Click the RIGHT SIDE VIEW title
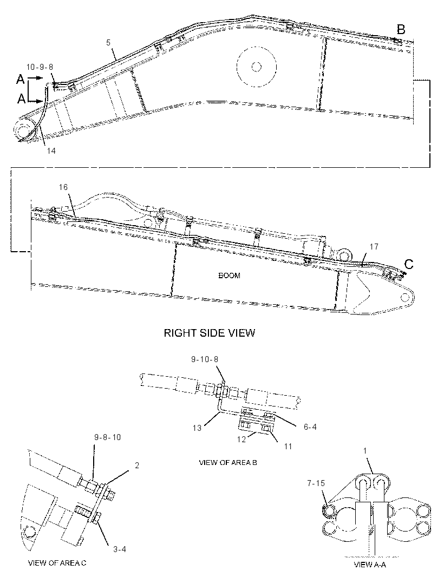(x=209, y=333)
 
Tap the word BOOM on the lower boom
(x=229, y=276)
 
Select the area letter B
(x=401, y=29)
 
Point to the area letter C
(x=409, y=264)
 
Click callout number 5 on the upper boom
(x=108, y=43)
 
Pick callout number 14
(x=51, y=150)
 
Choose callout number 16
(x=63, y=187)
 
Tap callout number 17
(x=374, y=246)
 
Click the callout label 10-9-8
(x=40, y=67)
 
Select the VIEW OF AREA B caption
(x=228, y=463)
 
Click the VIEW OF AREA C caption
(x=57, y=562)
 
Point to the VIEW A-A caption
(x=369, y=565)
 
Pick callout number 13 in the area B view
(x=197, y=428)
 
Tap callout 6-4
(x=310, y=427)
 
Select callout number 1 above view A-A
(x=365, y=450)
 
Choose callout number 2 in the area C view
(x=137, y=465)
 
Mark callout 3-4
(x=120, y=549)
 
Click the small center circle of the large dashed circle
(x=256, y=67)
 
